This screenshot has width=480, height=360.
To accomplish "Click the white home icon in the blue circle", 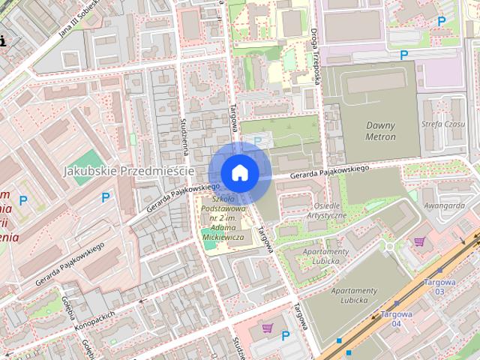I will point(240,172).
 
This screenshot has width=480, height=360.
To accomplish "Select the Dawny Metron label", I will point(380,130).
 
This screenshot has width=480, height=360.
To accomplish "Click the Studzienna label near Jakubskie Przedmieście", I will point(184,135).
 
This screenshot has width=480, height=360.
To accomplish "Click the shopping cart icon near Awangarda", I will point(418,241).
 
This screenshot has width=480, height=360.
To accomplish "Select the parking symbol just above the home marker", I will point(259,140).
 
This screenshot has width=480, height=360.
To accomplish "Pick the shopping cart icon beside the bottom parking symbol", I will point(268,328).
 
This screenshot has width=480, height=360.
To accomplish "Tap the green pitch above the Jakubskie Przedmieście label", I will point(89,158).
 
